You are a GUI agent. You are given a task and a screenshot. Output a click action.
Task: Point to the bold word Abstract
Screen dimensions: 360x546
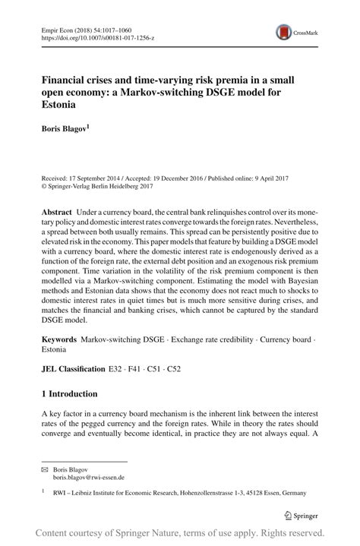click(57, 210)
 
